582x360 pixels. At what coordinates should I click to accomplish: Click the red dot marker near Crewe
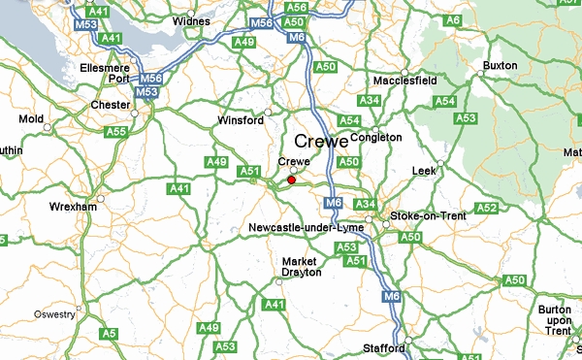point(291,180)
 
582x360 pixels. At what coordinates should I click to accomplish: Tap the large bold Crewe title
point(320,141)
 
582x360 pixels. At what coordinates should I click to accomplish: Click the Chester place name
point(109,104)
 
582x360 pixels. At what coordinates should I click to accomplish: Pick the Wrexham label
point(74,207)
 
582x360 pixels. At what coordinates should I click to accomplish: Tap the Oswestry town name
point(54,314)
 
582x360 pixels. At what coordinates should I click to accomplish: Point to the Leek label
point(425,170)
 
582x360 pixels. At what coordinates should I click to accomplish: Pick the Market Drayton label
point(300,267)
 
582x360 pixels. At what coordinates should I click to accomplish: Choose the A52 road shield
point(487,208)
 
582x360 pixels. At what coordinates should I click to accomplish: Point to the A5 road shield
point(110,334)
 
